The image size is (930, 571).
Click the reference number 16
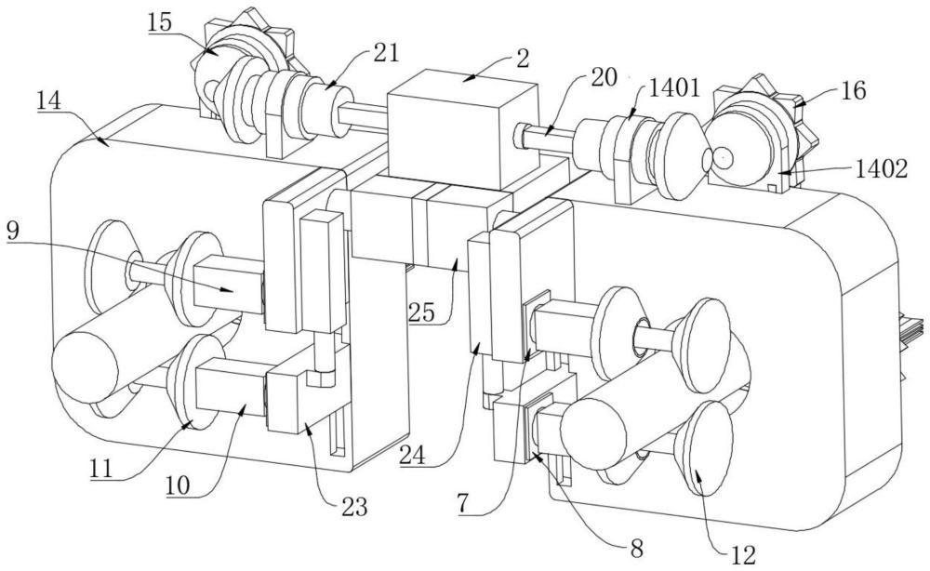[x=852, y=91]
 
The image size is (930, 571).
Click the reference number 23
[x=352, y=507]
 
